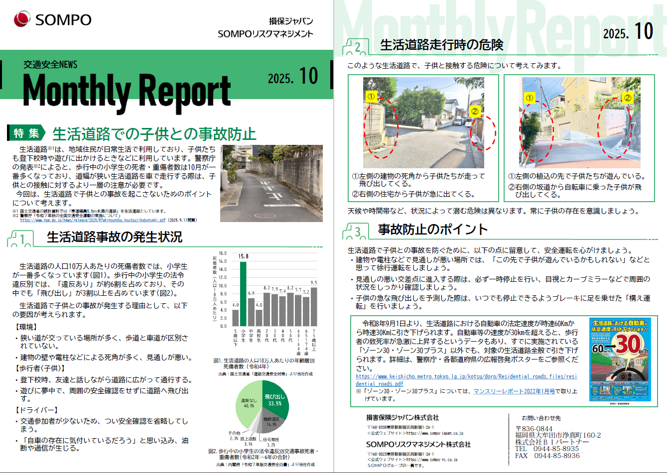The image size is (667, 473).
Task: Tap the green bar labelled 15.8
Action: (x=243, y=294)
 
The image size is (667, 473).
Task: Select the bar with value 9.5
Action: (x=314, y=306)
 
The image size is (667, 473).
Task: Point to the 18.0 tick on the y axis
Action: (x=222, y=253)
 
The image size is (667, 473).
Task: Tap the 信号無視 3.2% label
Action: (x=271, y=442)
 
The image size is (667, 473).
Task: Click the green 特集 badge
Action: (x=26, y=133)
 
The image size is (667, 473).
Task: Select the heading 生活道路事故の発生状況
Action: (x=115, y=237)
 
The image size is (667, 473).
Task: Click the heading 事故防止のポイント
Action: (x=432, y=230)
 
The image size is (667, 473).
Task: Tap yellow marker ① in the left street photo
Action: (x=372, y=97)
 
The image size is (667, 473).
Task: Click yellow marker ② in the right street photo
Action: (x=628, y=98)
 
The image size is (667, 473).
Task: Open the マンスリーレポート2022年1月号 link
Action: (x=514, y=391)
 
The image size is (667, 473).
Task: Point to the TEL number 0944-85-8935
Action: (x=556, y=449)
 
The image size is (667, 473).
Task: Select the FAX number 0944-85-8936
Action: (x=556, y=456)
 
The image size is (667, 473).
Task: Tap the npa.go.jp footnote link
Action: (x=93, y=220)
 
